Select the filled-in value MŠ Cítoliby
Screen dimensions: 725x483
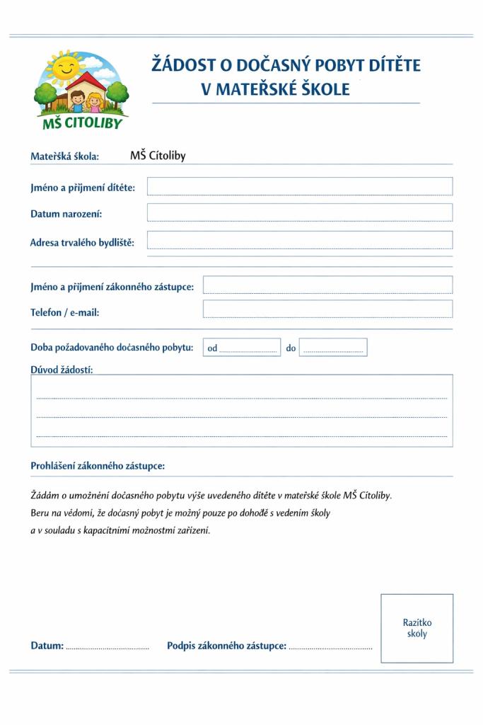[158, 156]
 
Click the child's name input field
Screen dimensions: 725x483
[299, 186]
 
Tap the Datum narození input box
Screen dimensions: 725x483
[299, 212]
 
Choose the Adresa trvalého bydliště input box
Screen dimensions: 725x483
[299, 240]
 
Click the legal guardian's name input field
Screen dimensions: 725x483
[327, 285]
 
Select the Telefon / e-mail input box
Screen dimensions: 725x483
[327, 309]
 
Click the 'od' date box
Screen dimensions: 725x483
[242, 348]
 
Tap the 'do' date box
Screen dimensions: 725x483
[333, 348]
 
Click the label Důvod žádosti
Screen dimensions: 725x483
[62, 369]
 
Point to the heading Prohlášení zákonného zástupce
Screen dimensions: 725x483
[98, 466]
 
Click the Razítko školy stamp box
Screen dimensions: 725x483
[417, 628]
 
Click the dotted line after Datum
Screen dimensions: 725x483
[107, 647]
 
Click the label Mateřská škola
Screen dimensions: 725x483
[64, 156]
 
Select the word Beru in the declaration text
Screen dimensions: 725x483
[40, 513]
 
